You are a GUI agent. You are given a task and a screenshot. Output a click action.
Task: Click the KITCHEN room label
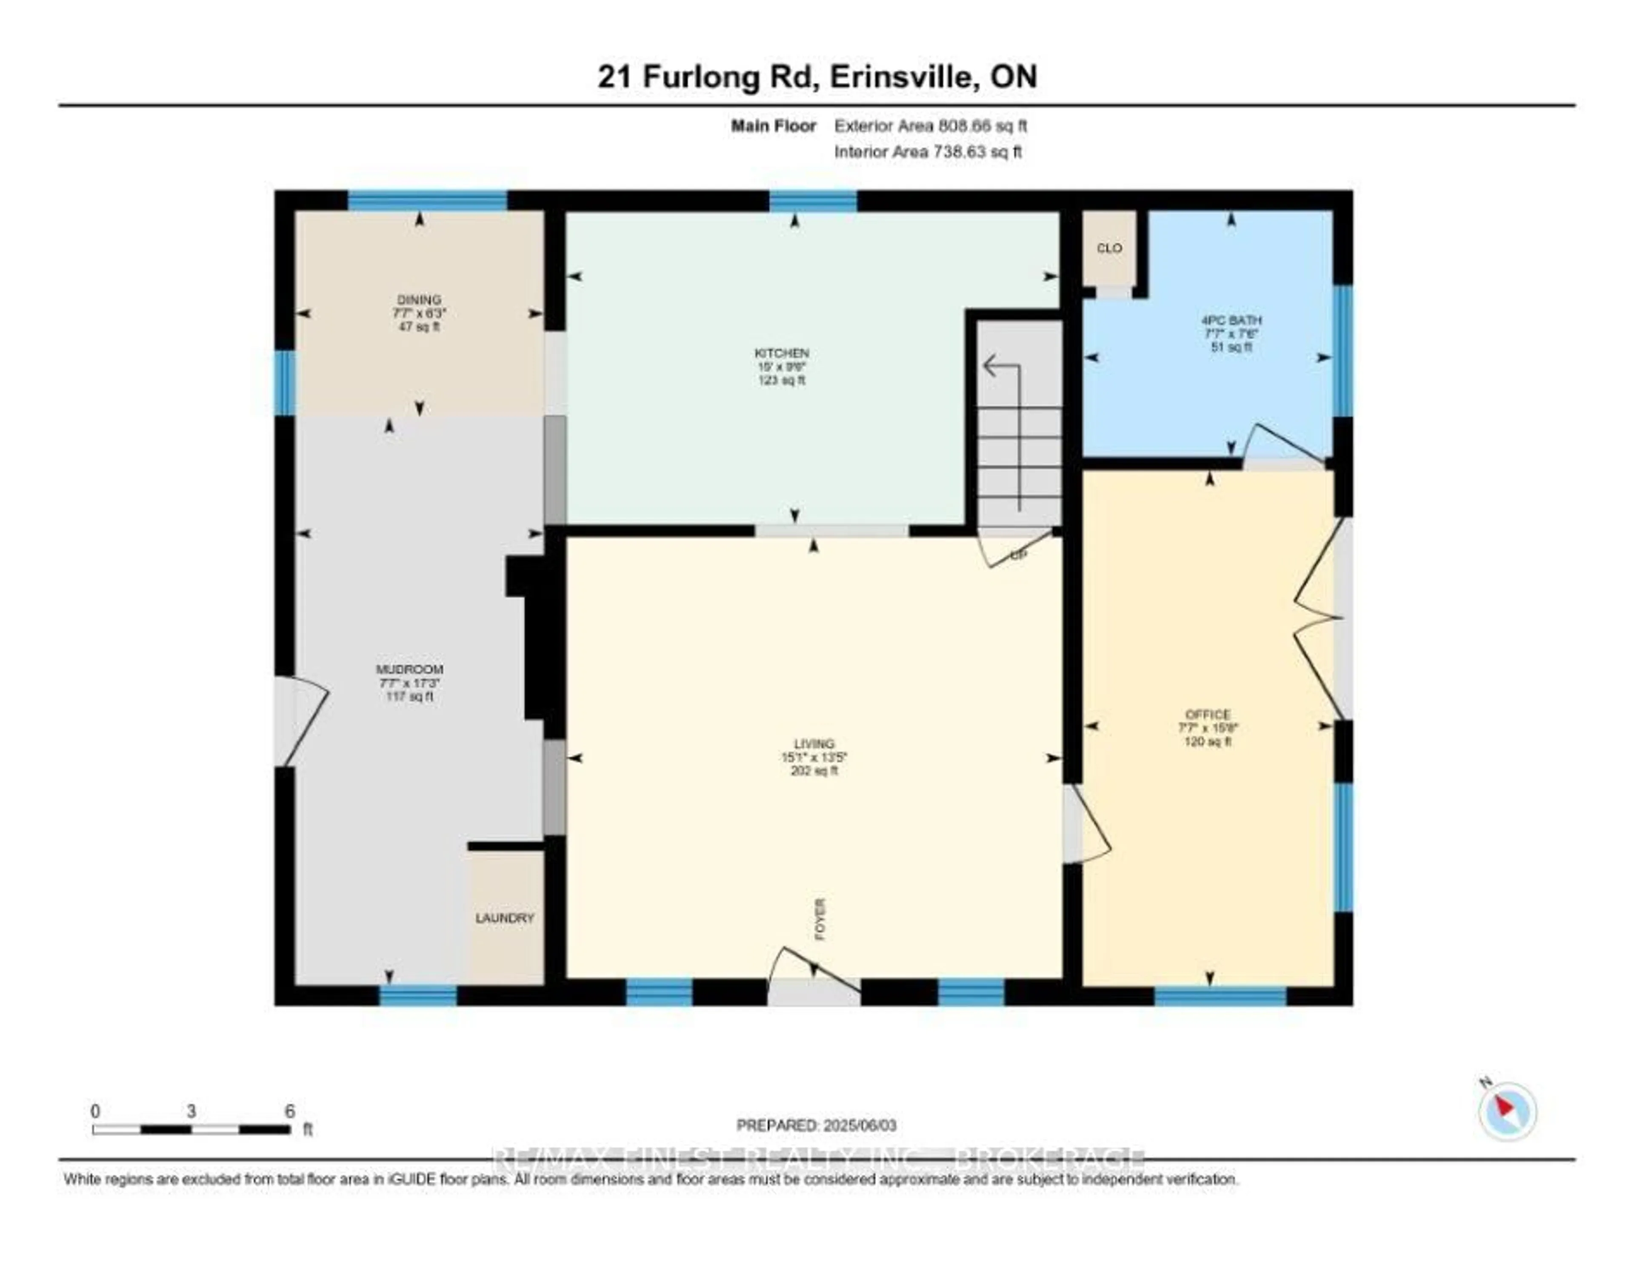(x=781, y=352)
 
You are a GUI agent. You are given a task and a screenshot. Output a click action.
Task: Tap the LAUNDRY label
(x=505, y=918)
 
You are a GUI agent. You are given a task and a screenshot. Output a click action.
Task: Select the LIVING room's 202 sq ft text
(x=814, y=771)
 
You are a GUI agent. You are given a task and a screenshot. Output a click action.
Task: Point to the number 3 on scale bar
(x=191, y=1111)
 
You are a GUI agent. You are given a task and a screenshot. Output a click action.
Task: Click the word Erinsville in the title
(x=901, y=77)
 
